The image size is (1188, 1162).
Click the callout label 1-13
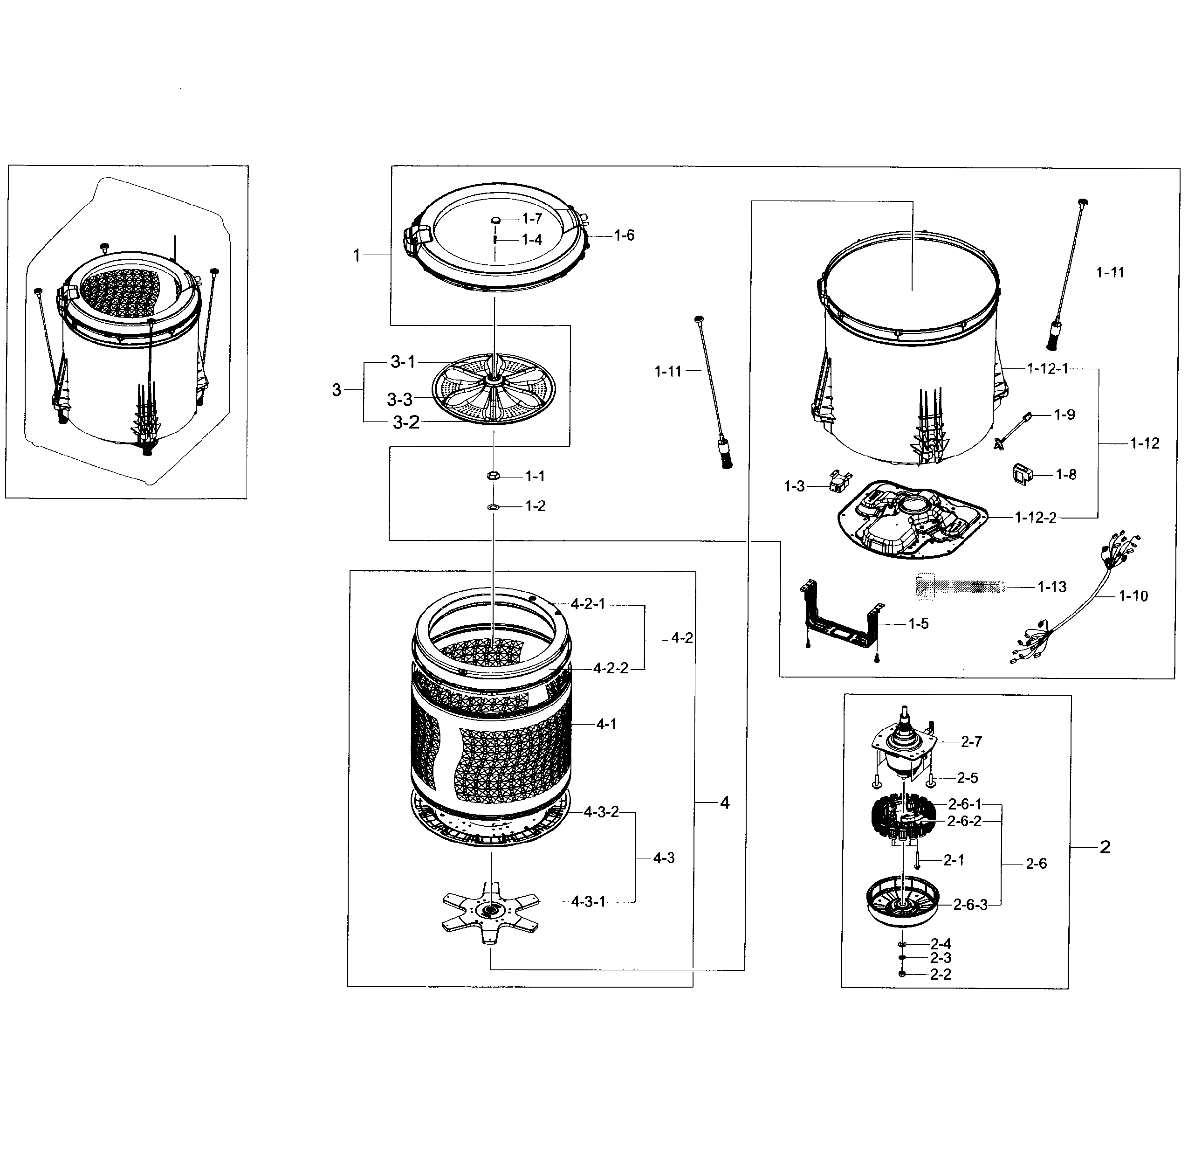1051,587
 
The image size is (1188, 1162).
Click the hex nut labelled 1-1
494,476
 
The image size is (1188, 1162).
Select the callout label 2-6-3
970,905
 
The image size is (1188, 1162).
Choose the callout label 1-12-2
1035,518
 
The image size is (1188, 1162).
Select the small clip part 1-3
840,480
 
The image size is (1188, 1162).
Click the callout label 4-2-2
611,668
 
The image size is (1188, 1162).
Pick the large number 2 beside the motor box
1105,847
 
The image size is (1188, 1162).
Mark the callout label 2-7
971,741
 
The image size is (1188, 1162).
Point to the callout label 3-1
403,362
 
